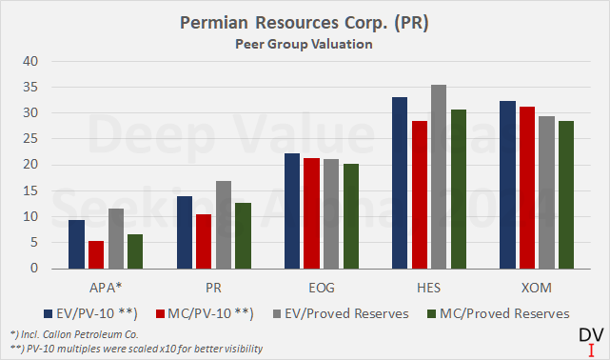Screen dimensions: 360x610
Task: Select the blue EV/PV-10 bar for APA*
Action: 76,245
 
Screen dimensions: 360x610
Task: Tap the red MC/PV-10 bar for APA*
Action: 95,255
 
